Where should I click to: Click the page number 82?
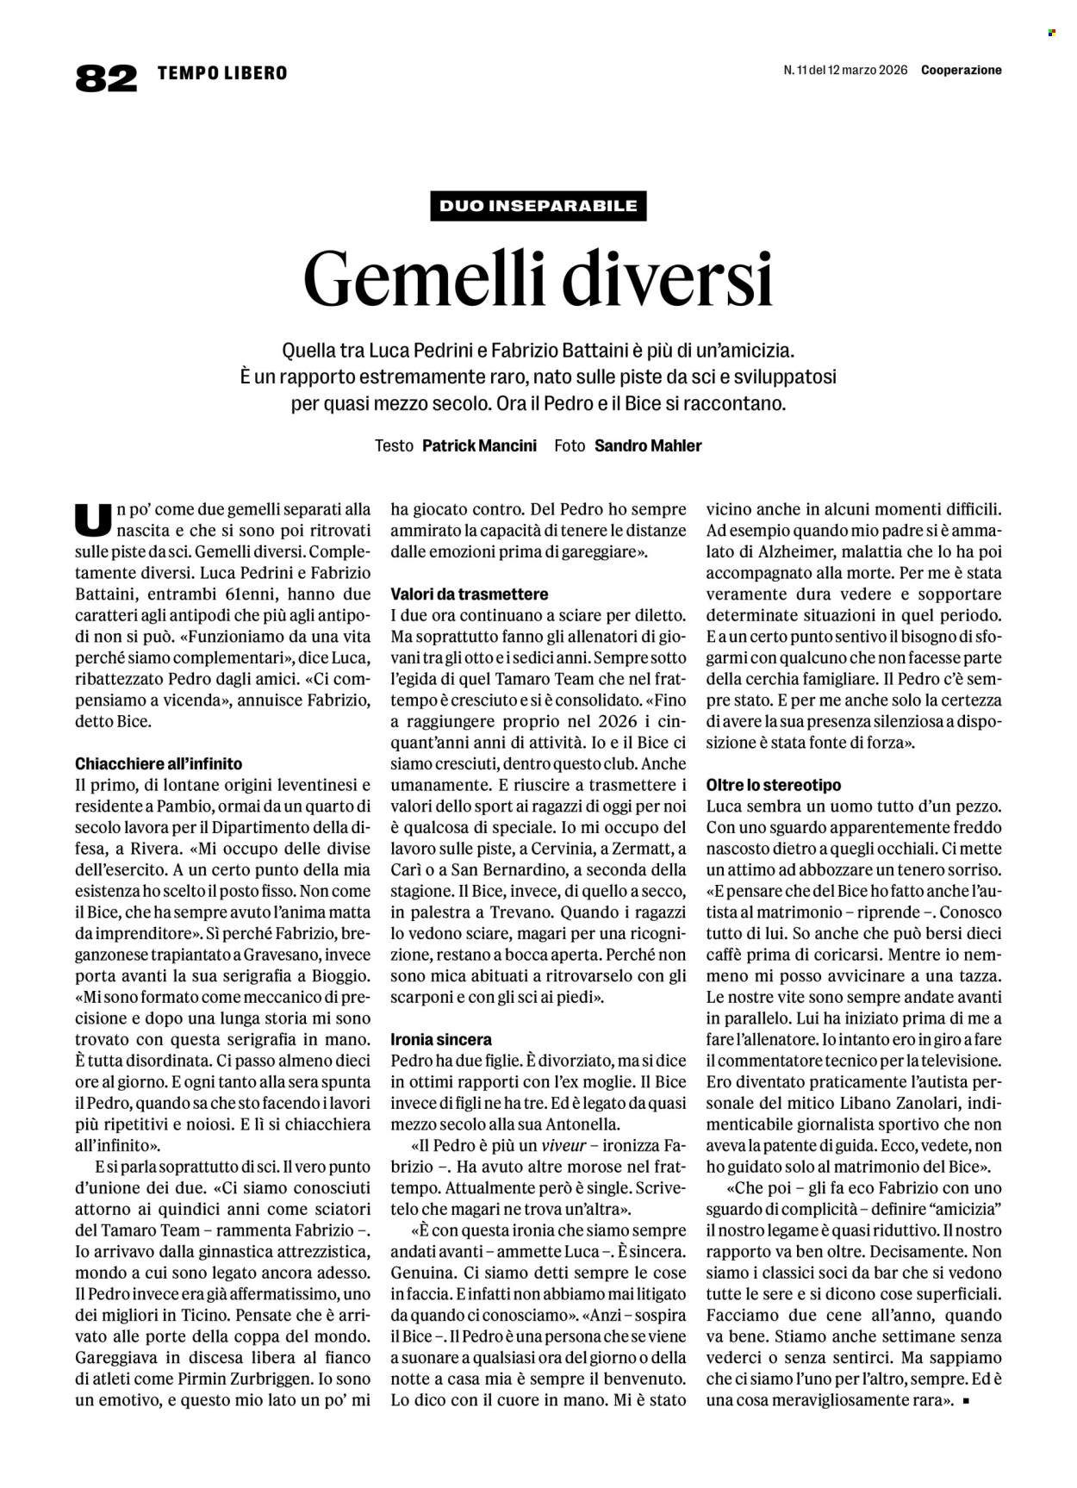[x=106, y=78]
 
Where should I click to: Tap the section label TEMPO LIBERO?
[x=222, y=73]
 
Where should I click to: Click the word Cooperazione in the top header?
[x=961, y=71]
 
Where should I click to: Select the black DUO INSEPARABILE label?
[x=538, y=206]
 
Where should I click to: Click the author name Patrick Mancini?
[x=479, y=445]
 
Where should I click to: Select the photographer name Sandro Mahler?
[x=648, y=445]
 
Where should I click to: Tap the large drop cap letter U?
[x=93, y=521]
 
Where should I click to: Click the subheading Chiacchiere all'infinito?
[x=159, y=763]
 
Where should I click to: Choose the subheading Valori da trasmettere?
[x=469, y=595]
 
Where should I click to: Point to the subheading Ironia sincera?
[x=441, y=1039]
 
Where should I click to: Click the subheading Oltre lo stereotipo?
[x=773, y=786]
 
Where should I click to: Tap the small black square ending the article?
[x=966, y=1401]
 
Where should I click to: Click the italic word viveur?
[x=563, y=1146]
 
